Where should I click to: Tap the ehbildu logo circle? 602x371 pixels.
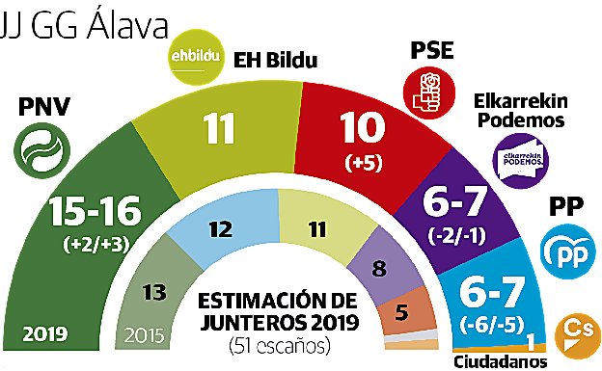point(194,54)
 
